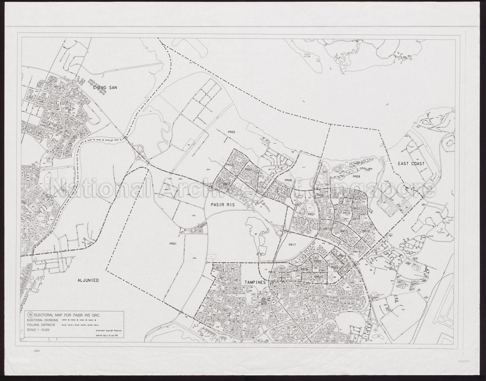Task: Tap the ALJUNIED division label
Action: pos(88,280)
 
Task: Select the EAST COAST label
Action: pos(411,164)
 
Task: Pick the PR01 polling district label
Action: pos(172,244)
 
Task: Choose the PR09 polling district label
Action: pos(357,177)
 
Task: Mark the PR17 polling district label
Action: pos(292,245)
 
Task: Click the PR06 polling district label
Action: pos(288,180)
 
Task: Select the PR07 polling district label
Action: pos(311,214)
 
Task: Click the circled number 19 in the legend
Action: pos(30,315)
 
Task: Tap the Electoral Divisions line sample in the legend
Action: pos(81,320)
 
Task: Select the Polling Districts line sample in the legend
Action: pos(81,325)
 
